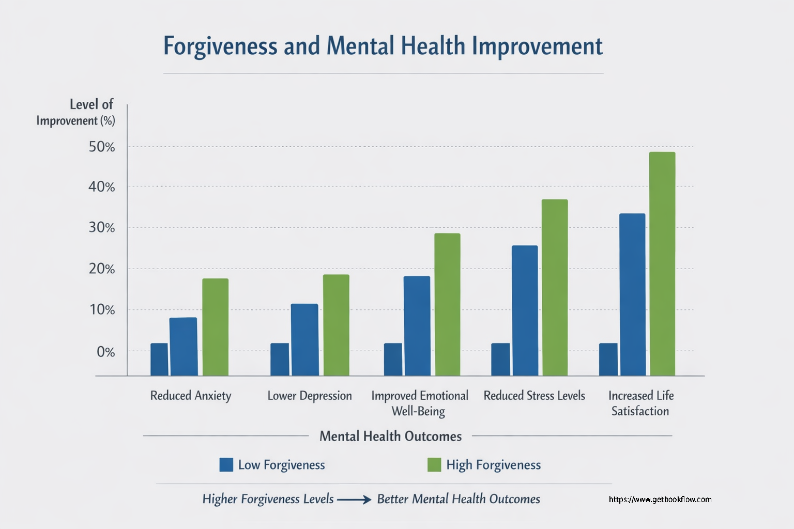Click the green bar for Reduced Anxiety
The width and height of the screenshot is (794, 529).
tap(215, 327)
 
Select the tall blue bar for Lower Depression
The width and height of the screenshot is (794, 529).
tap(304, 339)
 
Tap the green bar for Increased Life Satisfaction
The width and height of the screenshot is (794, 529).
tap(662, 263)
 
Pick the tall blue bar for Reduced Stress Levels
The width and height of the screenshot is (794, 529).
tap(525, 310)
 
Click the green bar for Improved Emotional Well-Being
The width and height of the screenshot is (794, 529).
tap(447, 304)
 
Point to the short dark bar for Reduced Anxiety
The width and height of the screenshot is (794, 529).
tap(159, 359)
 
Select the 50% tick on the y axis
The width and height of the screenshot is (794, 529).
tap(102, 147)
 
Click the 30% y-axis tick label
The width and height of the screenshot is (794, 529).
tap(102, 228)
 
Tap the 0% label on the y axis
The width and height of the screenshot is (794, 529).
tap(105, 352)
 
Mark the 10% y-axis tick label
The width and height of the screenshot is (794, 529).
tap(102, 310)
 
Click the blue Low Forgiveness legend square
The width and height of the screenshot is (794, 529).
tap(226, 464)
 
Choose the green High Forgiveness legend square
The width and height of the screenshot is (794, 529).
tap(434, 464)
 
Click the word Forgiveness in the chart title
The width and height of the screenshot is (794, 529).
tap(220, 46)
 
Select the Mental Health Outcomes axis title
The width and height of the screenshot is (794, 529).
tap(390, 437)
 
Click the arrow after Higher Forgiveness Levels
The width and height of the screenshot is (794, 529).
tap(354, 500)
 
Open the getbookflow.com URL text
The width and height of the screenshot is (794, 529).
tap(660, 500)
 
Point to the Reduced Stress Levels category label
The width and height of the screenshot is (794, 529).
tap(534, 396)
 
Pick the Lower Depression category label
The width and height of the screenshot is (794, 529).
tap(309, 396)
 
